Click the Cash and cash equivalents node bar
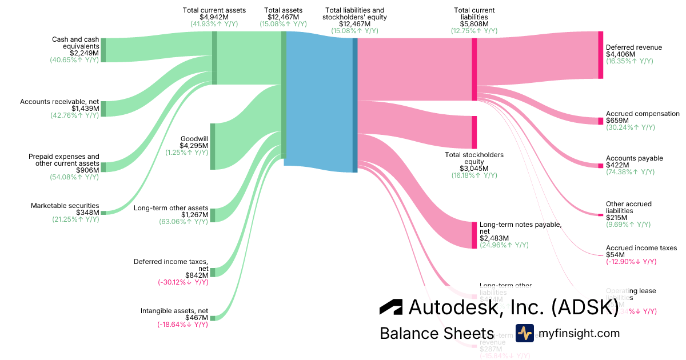point(103,50)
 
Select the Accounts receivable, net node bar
point(103,109)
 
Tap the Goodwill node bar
point(212,146)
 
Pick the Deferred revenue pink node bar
point(600,55)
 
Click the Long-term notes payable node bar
point(474,235)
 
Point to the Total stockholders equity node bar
point(474,132)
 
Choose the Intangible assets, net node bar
point(212,318)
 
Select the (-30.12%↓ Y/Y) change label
point(182,282)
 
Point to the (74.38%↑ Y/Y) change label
point(630,172)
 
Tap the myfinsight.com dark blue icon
point(524,333)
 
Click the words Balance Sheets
point(437,334)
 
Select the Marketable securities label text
point(65,206)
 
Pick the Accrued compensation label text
point(643,114)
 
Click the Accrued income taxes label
point(641,248)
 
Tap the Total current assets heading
point(214,10)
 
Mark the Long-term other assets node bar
point(212,215)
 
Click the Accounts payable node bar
point(600,166)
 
